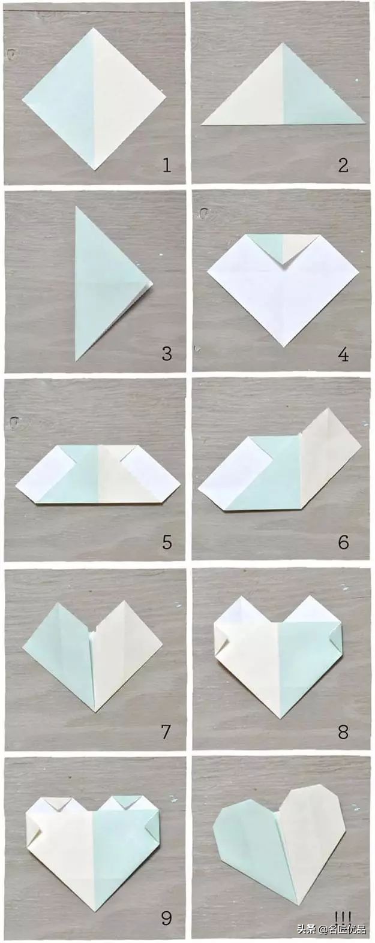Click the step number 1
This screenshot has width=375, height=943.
coord(167,165)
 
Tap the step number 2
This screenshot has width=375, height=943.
coord(343,165)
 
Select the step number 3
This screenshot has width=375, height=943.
coord(167,353)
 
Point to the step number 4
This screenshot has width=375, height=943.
coord(343,354)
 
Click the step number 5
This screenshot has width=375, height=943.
coord(167,543)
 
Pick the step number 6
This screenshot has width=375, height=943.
coord(343,543)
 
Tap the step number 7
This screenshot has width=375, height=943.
coord(167,731)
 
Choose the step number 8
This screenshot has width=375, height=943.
coord(343,731)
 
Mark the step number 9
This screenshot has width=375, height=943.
coord(167,917)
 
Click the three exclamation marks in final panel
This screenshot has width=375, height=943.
coord(343,915)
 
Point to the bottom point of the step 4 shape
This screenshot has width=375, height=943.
coord(283,346)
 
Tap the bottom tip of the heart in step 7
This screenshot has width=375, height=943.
coord(95,712)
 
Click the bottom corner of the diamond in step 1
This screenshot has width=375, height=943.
coord(95,170)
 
